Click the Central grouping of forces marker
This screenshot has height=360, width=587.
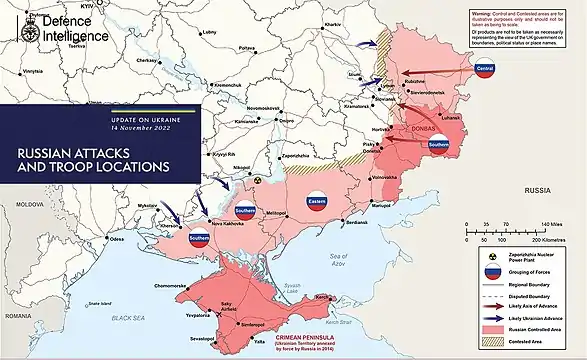point(485,68)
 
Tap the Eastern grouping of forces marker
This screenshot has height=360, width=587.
point(317,202)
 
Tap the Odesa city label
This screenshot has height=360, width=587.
point(117,240)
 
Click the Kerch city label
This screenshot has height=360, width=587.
point(322,297)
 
